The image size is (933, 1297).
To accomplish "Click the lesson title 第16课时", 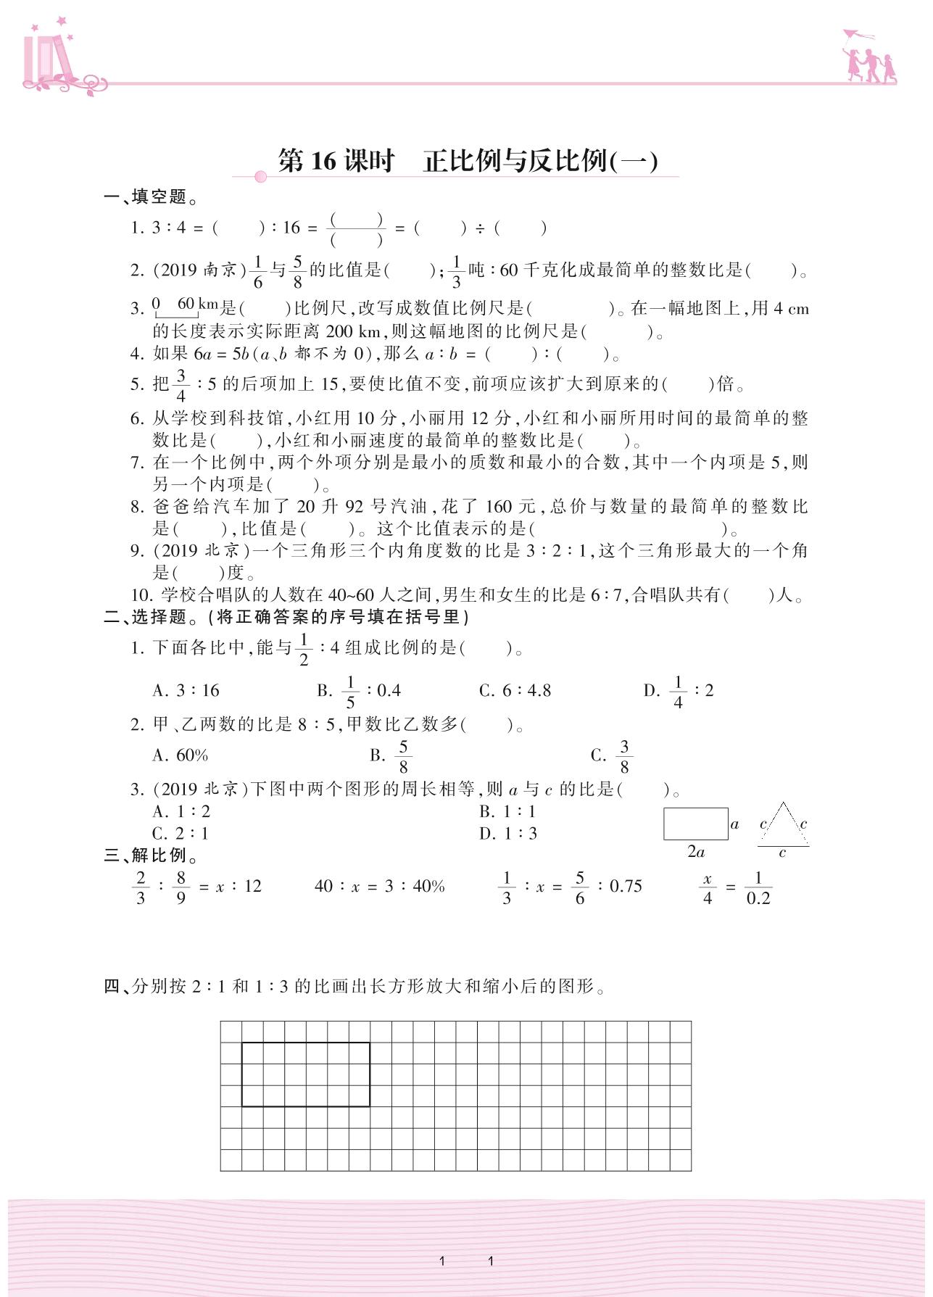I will [336, 161].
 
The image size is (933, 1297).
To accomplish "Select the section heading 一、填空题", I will [151, 197].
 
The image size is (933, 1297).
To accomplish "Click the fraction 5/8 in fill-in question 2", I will [297, 271].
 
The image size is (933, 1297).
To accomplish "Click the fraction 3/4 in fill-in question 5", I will [181, 385].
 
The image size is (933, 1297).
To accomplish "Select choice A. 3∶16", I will [186, 691].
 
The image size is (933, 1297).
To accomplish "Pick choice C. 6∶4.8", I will [515, 691].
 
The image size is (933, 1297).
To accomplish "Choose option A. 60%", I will [181, 755].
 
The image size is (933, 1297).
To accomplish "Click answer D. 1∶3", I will [508, 834].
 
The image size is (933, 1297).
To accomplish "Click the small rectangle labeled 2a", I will [695, 824].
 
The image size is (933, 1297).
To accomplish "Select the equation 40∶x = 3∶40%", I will [379, 887].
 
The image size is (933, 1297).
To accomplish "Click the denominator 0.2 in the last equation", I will [758, 899].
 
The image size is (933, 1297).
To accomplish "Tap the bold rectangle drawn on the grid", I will [305, 1074].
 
